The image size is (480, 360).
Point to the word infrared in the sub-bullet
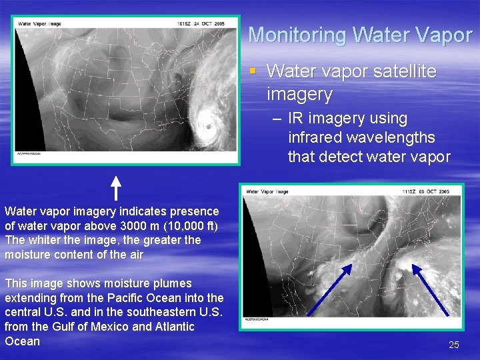coord(319,138)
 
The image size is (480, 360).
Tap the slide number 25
coord(454,345)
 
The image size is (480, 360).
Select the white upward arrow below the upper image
coord(115,187)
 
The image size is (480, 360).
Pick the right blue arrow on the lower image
coord(431,289)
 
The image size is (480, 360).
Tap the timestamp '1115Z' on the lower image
coord(408,192)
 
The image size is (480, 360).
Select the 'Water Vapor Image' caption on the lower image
coord(267,192)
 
